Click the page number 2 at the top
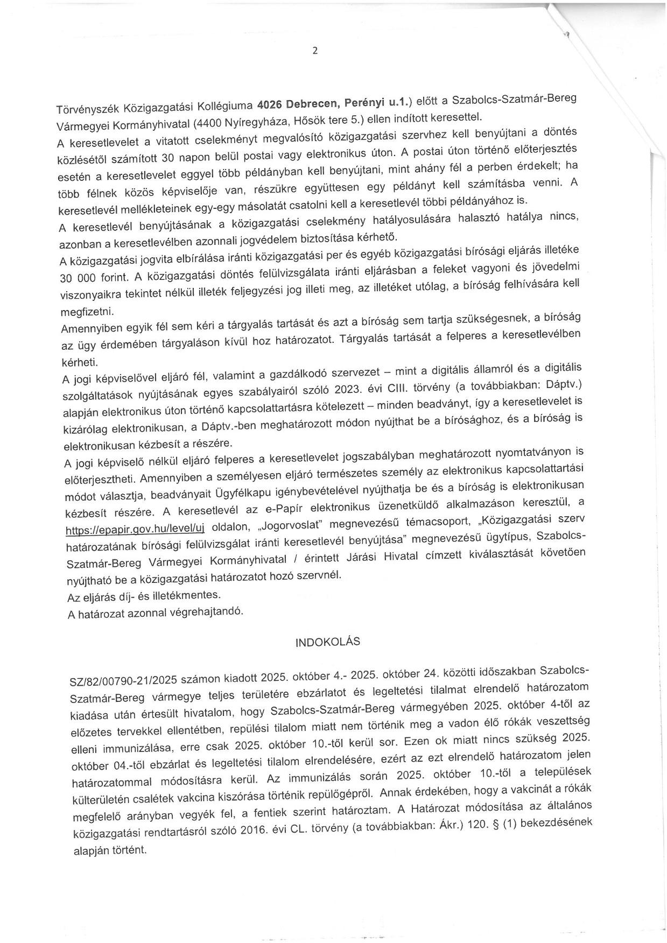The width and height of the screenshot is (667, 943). pyautogui.click(x=315, y=51)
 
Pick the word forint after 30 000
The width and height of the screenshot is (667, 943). pyautogui.click(x=110, y=278)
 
